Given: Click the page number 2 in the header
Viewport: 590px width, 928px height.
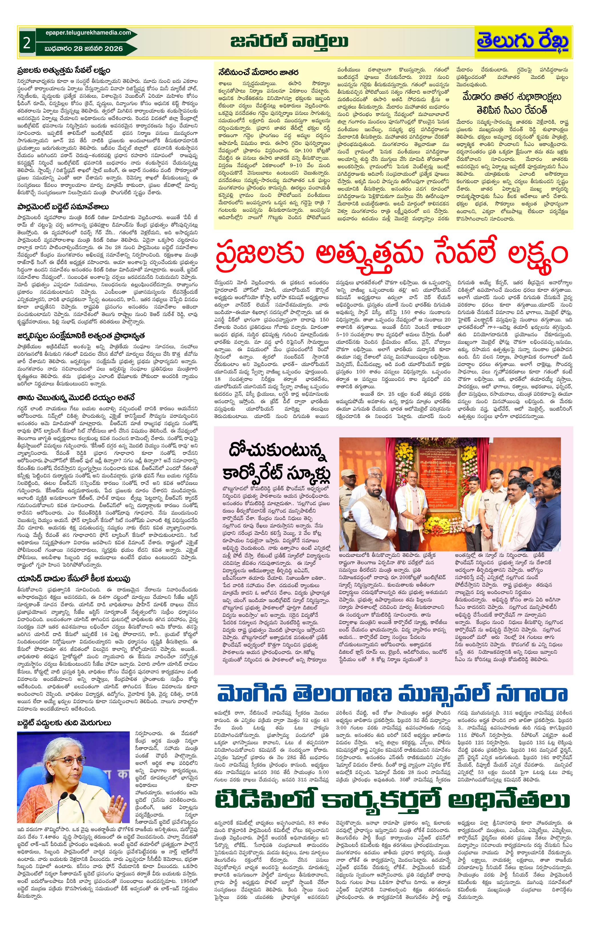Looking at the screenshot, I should pyautogui.click(x=27, y=43).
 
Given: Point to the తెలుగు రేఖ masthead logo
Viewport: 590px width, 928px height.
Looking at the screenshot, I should pyautogui.click(x=523, y=42).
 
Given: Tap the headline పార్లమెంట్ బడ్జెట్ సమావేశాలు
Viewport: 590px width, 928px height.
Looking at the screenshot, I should pyautogui.click(x=62, y=207).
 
